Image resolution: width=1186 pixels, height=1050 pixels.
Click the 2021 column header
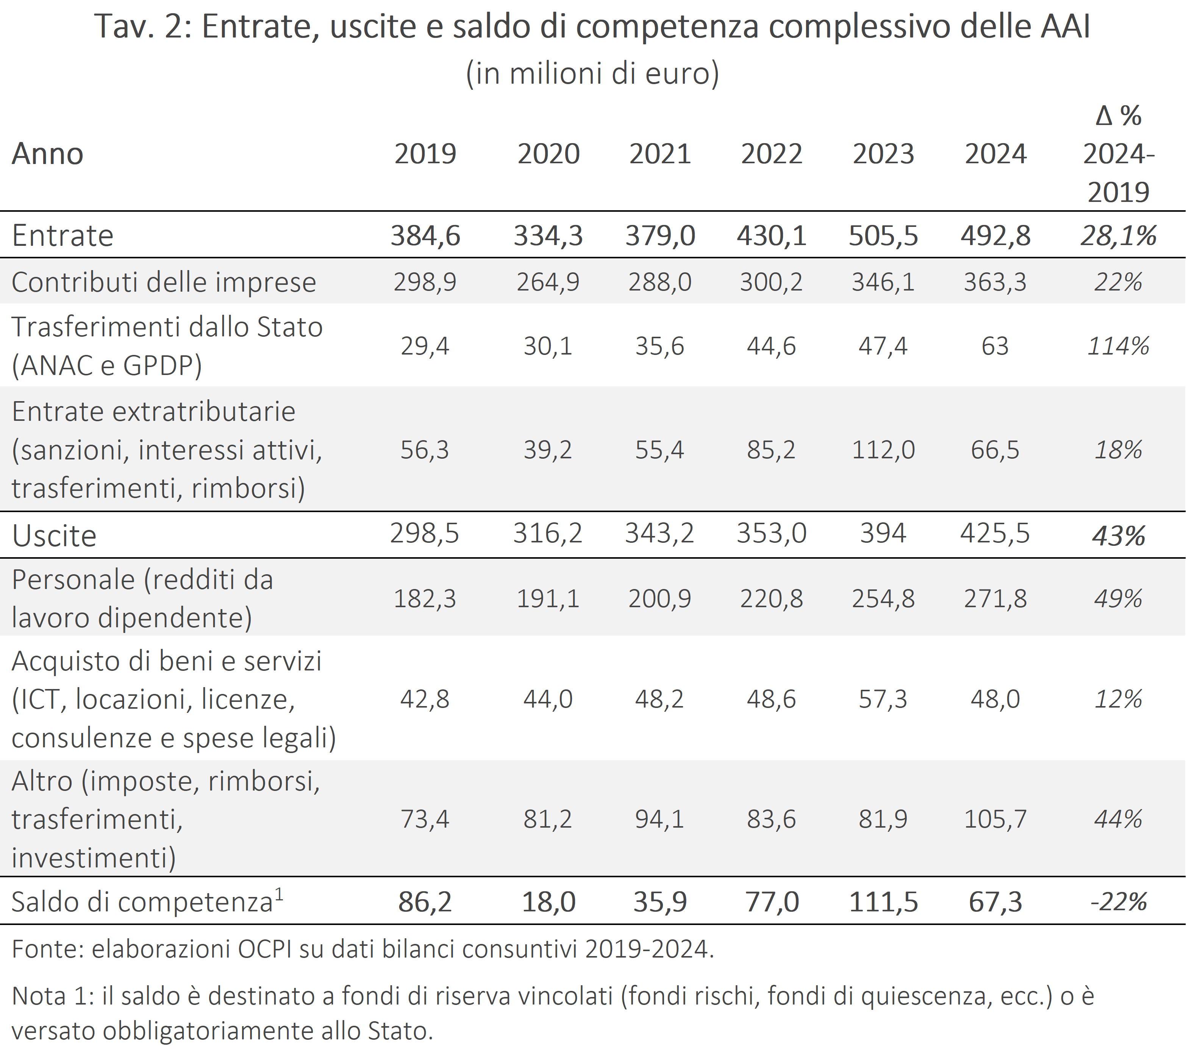[x=660, y=154]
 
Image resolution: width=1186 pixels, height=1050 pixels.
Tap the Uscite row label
[x=55, y=536]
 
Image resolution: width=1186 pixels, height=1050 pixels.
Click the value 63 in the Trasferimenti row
[x=995, y=346]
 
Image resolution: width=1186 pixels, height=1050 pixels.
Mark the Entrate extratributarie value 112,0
[x=883, y=450]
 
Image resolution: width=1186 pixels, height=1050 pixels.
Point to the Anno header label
[x=48, y=154]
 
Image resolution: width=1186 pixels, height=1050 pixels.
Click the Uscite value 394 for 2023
[x=883, y=533]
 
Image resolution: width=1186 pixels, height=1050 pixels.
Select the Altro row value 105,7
[x=995, y=819]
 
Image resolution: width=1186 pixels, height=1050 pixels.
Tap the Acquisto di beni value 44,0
[x=548, y=699]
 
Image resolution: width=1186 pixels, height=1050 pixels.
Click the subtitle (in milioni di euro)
[x=592, y=73]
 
